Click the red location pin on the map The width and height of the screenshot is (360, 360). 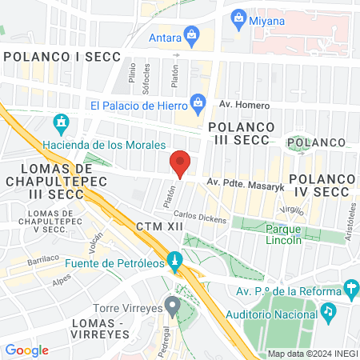[x=181, y=162]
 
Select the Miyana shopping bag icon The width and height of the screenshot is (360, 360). [x=237, y=17]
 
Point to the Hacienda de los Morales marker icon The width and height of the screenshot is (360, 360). [x=61, y=123]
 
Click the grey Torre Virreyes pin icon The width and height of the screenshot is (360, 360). [x=171, y=306]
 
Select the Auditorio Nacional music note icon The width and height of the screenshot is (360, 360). [x=327, y=308]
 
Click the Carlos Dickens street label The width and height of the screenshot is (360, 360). [x=200, y=217]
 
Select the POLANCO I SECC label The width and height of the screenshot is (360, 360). [x=62, y=57]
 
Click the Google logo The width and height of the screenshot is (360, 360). [x=26, y=350]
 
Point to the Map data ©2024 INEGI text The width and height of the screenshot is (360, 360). [x=311, y=354]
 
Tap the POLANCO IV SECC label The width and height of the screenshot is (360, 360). [x=320, y=186]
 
